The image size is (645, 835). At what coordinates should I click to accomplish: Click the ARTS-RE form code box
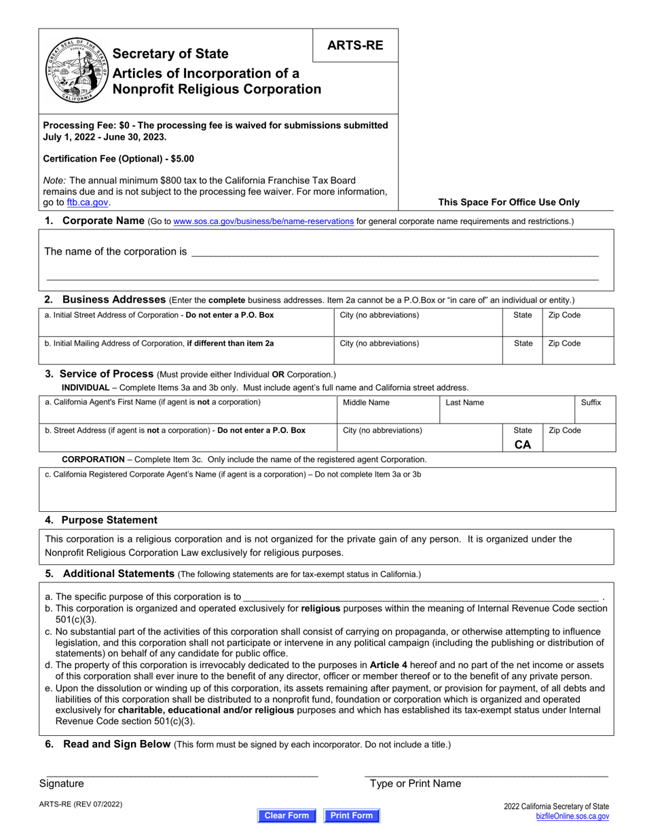point(355,45)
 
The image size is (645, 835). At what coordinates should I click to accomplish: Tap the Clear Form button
point(287,815)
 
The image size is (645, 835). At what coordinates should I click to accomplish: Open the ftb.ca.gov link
point(88,202)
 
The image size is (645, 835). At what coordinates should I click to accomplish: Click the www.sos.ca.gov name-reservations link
point(263,221)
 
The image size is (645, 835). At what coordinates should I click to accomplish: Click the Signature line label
point(62,783)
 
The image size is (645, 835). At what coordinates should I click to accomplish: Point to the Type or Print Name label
point(415,783)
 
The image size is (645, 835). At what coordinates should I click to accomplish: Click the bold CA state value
point(523,445)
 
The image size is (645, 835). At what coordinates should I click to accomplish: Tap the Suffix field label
point(591,403)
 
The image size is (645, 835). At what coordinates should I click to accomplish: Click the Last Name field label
point(464,403)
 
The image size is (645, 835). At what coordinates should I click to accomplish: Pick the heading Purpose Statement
point(109,520)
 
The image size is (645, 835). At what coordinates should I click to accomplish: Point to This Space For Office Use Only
point(509,202)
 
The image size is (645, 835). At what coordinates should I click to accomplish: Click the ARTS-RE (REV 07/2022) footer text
point(81,804)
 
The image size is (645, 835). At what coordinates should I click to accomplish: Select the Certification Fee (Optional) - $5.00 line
point(118,159)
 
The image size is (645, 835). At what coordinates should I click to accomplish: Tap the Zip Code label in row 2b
point(564,344)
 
